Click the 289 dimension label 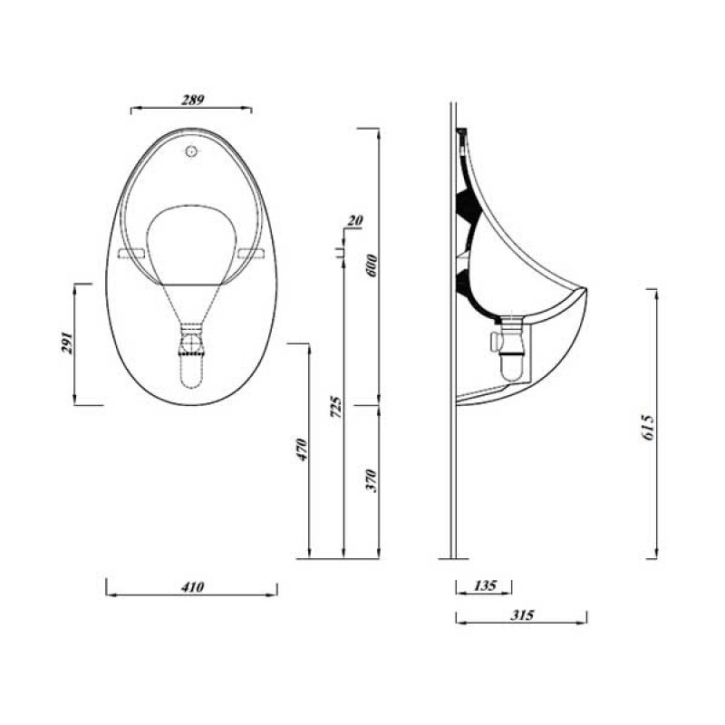click(192, 99)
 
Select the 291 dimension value click(67, 345)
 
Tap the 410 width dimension click(192, 587)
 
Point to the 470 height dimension click(303, 450)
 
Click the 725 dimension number click(335, 405)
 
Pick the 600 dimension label click(371, 266)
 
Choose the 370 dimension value click(371, 480)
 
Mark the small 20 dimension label click(354, 220)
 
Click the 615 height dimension click(647, 423)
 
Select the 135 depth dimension click(485, 586)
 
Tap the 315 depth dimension click(521, 614)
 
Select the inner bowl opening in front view click(191, 240)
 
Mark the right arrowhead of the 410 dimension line click(275, 587)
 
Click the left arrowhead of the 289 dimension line click(133, 109)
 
